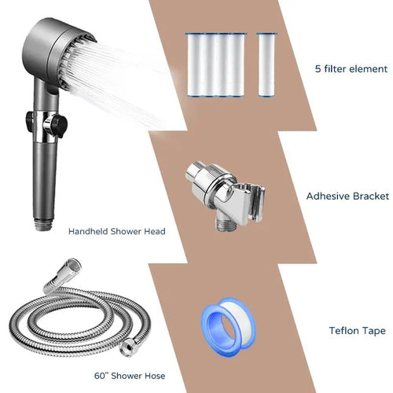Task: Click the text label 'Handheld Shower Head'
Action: [117, 231]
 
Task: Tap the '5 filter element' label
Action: [351, 69]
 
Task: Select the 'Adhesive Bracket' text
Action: [347, 196]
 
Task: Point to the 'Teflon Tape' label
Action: [358, 331]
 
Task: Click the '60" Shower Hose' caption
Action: [130, 376]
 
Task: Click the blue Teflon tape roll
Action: [228, 327]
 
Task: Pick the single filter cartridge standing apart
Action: [266, 65]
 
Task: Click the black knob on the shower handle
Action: [58, 123]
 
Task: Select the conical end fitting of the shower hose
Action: [64, 274]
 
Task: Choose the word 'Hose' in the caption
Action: [155, 376]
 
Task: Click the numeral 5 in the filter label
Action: [318, 69]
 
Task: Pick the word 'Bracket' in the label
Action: [371, 196]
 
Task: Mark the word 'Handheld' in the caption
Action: [88, 231]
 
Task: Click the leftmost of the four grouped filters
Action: [196, 65]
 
